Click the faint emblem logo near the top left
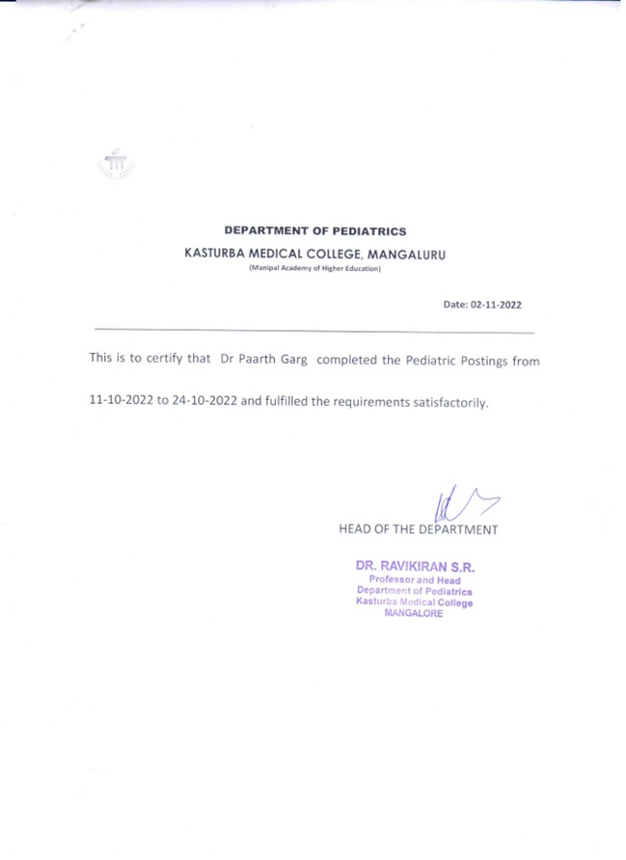coord(116,167)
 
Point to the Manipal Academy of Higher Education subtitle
coord(314,269)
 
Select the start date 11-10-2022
coord(121,401)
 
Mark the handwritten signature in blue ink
coord(463,507)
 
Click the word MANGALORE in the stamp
coord(414,614)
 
